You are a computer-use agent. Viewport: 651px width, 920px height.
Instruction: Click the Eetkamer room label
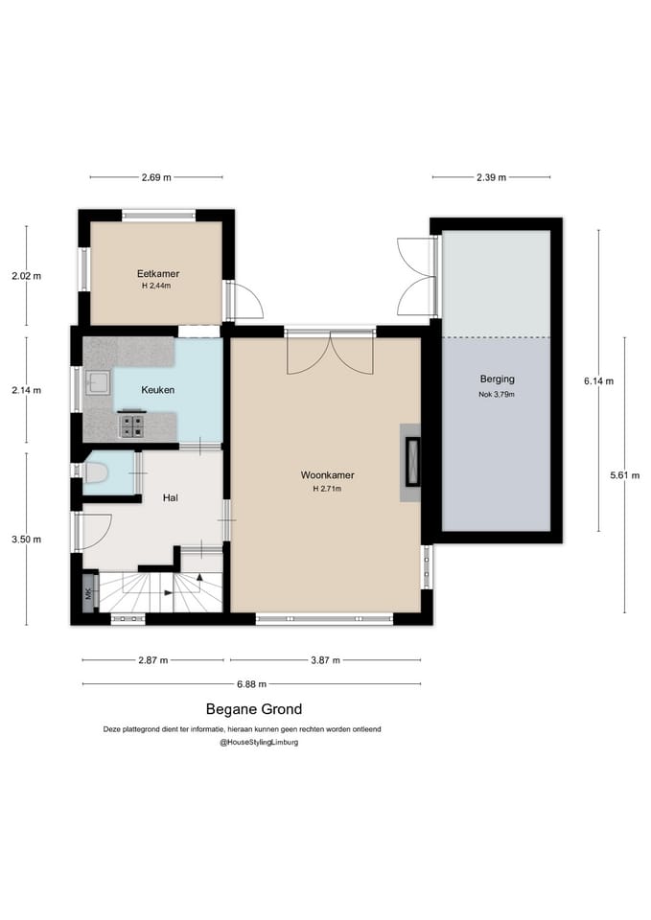158,273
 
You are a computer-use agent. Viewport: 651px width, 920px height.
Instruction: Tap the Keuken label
158,390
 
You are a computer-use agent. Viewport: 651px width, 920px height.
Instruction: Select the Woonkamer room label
328,475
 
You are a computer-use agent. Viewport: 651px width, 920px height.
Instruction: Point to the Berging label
498,379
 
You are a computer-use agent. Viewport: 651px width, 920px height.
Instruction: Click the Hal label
171,497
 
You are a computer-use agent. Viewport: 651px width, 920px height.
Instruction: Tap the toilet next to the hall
95,471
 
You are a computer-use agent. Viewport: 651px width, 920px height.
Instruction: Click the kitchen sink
98,383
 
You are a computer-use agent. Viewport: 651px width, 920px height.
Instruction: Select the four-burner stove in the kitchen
131,425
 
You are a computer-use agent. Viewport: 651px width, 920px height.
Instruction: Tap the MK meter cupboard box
89,594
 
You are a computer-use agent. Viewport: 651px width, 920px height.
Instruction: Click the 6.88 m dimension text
252,684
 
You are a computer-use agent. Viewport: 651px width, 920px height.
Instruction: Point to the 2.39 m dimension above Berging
491,177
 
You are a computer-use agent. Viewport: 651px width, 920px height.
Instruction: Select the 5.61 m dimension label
624,475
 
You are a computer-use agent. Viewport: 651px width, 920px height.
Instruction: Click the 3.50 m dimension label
27,540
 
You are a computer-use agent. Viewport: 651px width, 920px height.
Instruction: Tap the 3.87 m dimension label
325,660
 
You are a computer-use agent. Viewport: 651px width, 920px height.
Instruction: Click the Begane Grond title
254,709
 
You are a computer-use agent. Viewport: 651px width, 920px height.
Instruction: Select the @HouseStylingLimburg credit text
259,742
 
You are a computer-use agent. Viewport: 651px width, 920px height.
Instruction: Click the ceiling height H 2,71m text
328,488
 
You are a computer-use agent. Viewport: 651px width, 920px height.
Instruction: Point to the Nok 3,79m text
497,394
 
